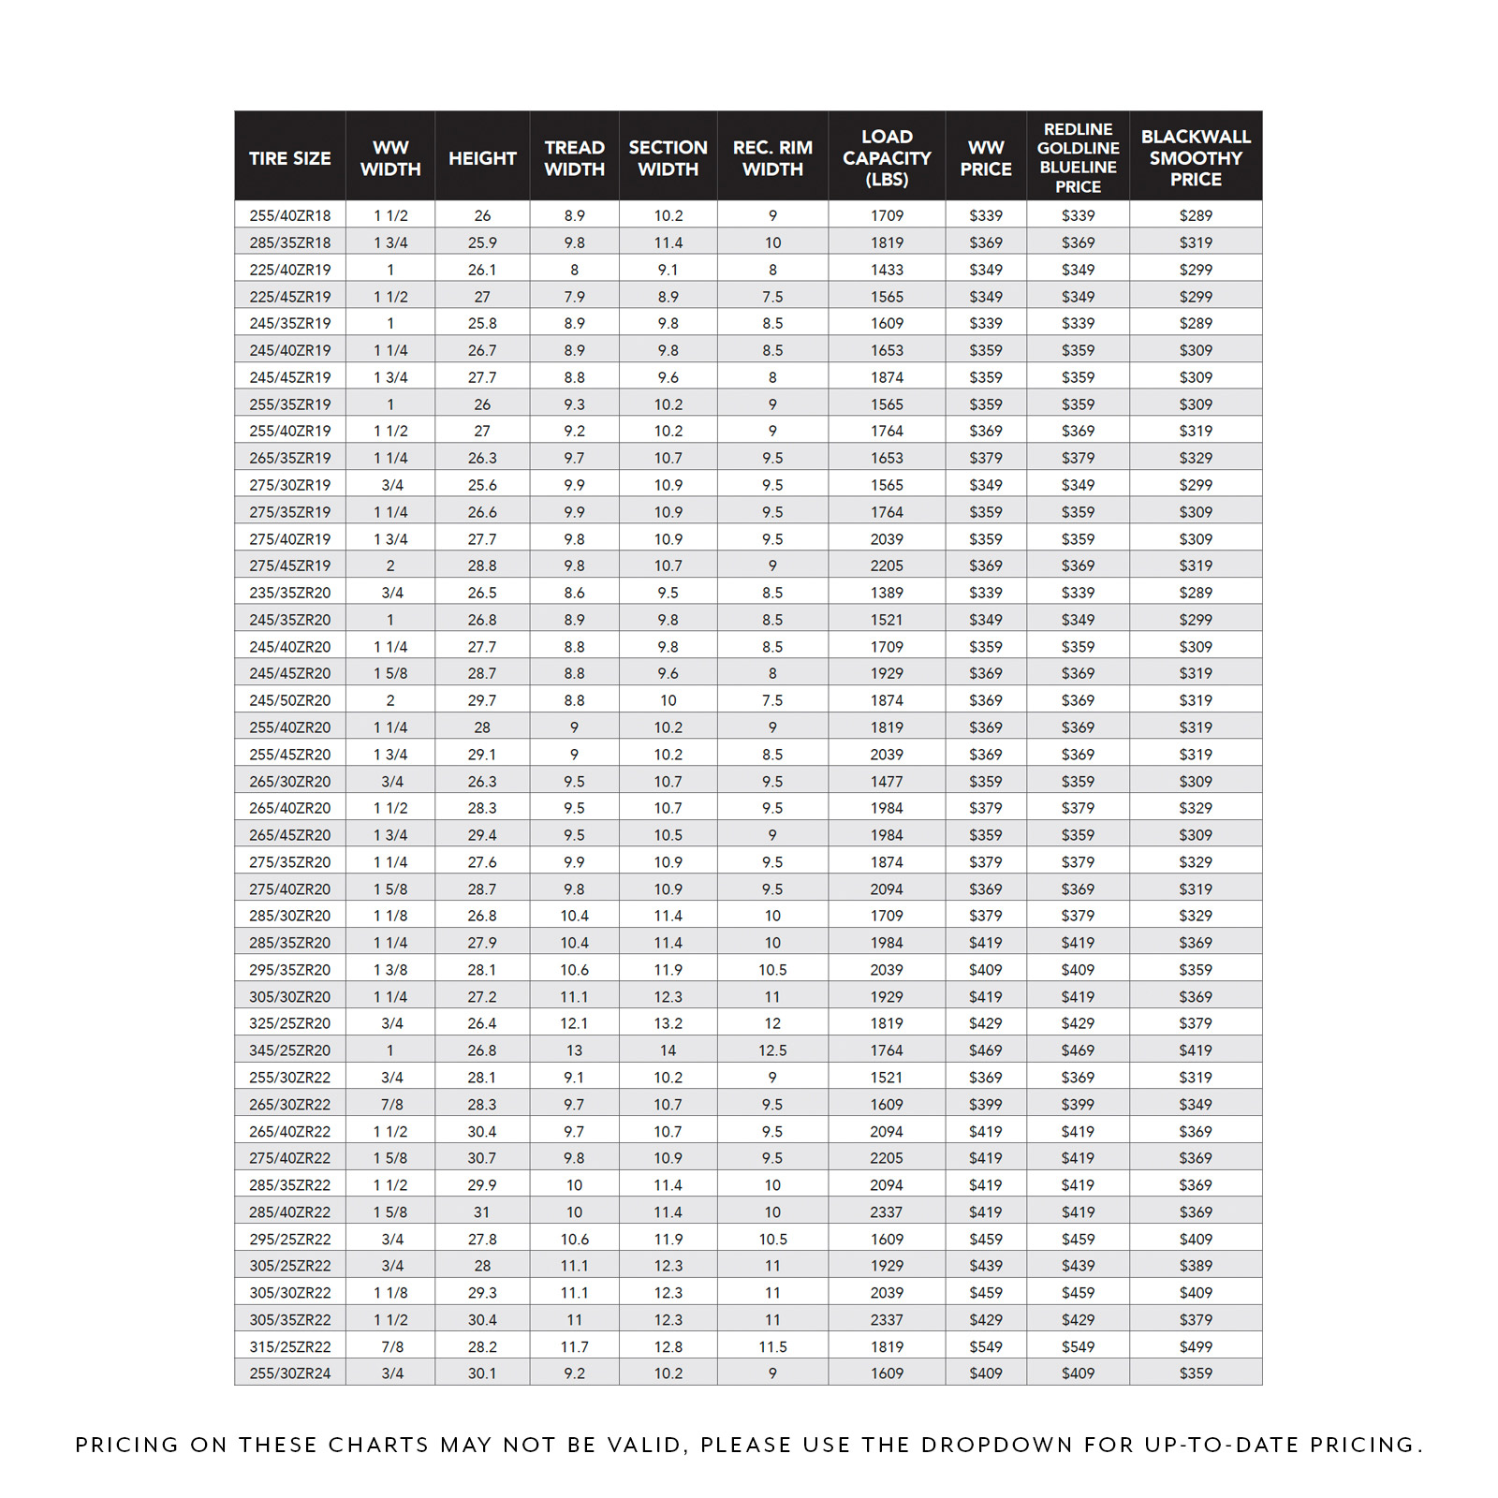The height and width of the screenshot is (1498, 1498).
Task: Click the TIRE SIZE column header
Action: pyautogui.click(x=289, y=158)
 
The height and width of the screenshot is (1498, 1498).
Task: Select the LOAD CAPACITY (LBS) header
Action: pyautogui.click(x=887, y=157)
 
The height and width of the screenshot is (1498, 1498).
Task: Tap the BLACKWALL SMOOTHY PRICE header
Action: pyautogui.click(x=1196, y=157)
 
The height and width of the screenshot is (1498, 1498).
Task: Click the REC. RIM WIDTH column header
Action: pyautogui.click(x=772, y=158)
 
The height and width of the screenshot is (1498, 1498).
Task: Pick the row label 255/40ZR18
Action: pyautogui.click(x=289, y=215)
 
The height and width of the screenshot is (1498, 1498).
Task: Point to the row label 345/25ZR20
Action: pyautogui.click(x=289, y=1050)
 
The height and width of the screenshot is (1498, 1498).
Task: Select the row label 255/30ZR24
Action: pyautogui.click(x=289, y=1373)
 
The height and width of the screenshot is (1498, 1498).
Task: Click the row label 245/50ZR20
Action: pyautogui.click(x=289, y=700)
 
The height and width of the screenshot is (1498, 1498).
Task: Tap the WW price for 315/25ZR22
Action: pyautogui.click(x=985, y=1346)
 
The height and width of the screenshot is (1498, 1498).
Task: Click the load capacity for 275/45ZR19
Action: pyautogui.click(x=887, y=565)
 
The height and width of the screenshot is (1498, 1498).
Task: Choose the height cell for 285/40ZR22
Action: pyautogui.click(x=482, y=1212)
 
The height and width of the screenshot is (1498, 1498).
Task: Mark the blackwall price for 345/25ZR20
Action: pyautogui.click(x=1196, y=1050)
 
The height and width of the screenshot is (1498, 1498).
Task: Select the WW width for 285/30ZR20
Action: pyautogui.click(x=390, y=916)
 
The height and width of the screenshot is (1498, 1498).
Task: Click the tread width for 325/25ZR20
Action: pyautogui.click(x=574, y=1023)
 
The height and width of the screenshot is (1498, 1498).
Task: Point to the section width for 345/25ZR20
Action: pyautogui.click(x=668, y=1050)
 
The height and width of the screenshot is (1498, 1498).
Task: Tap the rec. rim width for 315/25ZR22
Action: pyautogui.click(x=772, y=1346)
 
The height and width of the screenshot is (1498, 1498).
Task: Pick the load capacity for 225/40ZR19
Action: pyautogui.click(x=887, y=270)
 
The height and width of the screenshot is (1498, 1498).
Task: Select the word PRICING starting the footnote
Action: pyautogui.click(x=126, y=1445)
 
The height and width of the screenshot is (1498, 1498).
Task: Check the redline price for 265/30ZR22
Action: pyautogui.click(x=1078, y=1105)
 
